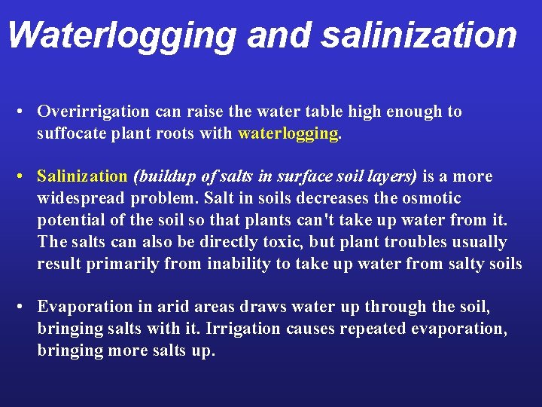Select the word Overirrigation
click(x=93, y=112)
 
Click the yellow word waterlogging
click(x=288, y=134)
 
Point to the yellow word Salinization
click(x=83, y=177)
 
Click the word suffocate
click(x=71, y=134)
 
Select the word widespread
click(x=81, y=199)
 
